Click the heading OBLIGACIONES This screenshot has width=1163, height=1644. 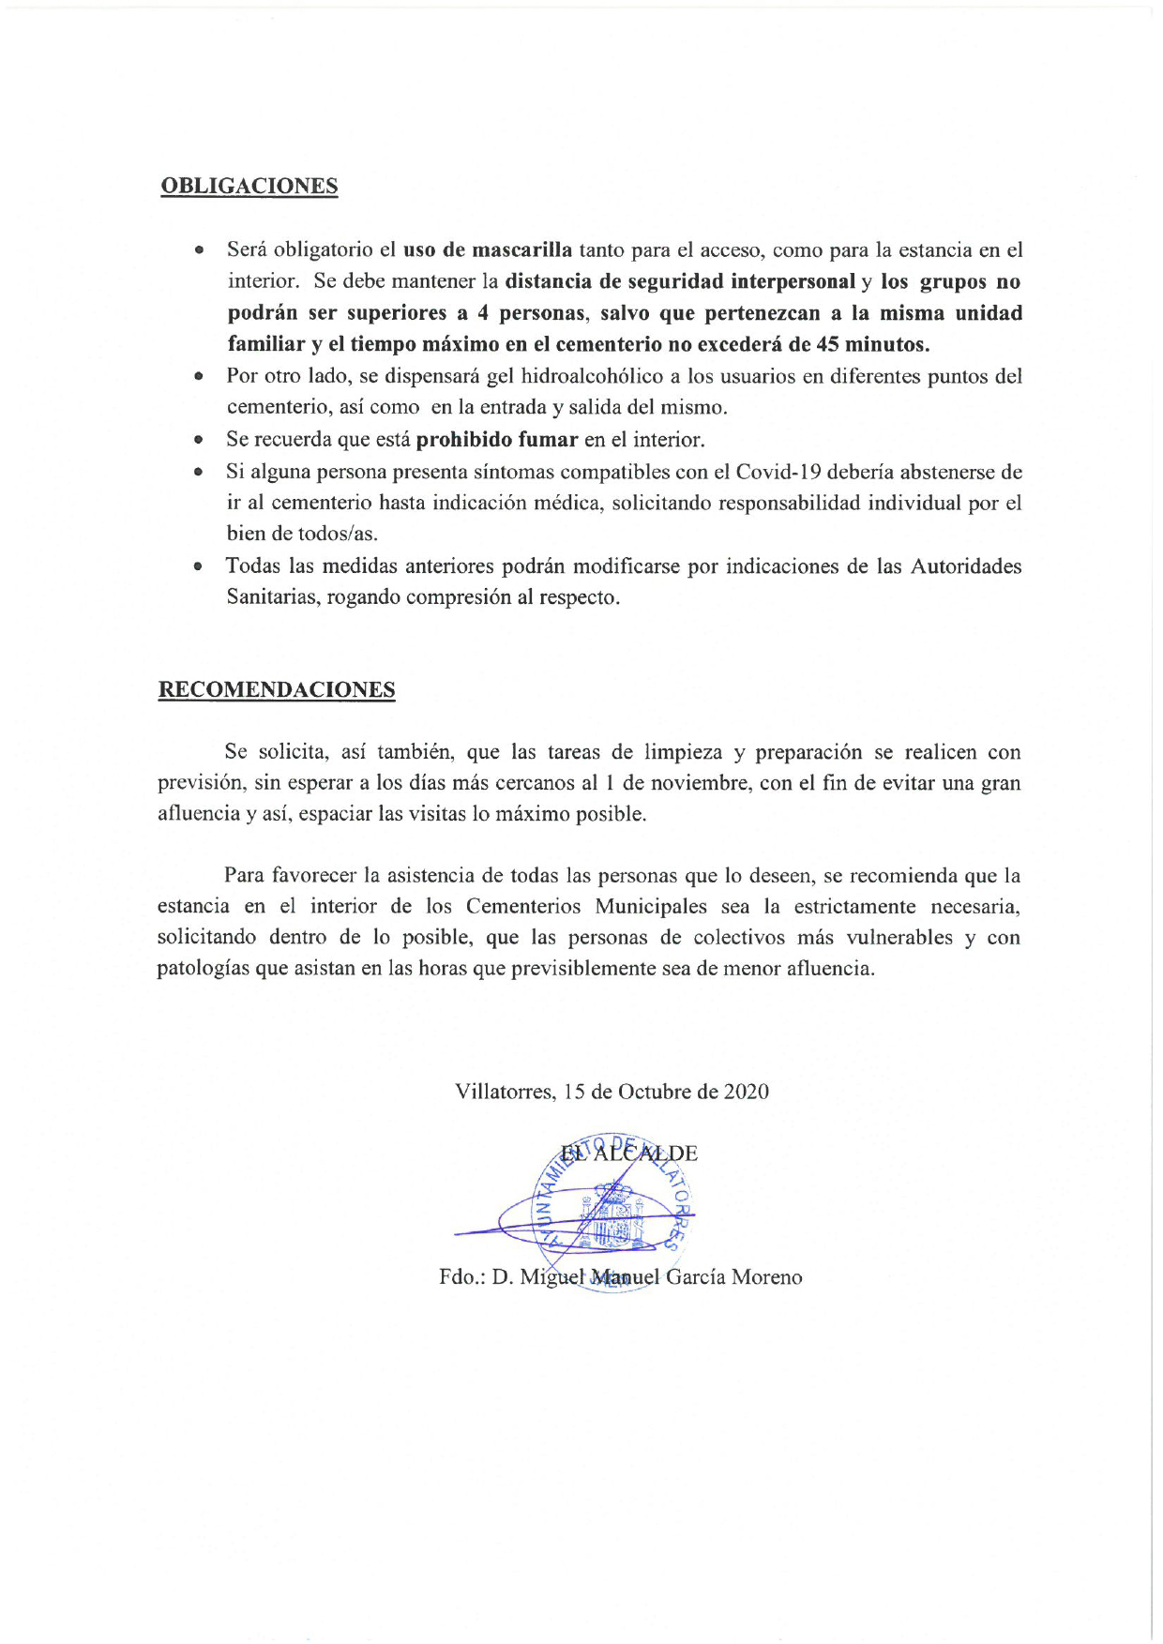click(x=249, y=186)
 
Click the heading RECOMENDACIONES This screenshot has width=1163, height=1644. click(x=276, y=690)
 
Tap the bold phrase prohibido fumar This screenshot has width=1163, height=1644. click(x=496, y=440)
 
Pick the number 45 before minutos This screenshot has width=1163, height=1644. click(x=828, y=344)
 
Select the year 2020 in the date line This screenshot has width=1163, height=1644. click(x=746, y=1092)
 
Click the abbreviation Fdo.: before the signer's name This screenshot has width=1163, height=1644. click(x=461, y=1277)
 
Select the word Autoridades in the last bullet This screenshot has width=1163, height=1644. click(x=966, y=566)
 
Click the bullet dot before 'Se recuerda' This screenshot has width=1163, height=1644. click(x=199, y=440)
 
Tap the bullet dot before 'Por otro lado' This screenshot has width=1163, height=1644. click(x=199, y=377)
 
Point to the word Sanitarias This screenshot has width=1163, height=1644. click(x=273, y=597)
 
